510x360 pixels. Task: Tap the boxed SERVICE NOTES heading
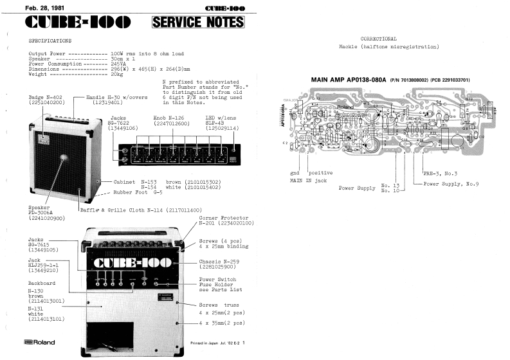pos(198,23)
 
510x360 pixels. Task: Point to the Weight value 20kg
pos(117,74)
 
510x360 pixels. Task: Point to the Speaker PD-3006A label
pos(44,213)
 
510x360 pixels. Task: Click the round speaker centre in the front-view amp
pos(65,158)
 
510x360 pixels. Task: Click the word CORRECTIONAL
pos(379,39)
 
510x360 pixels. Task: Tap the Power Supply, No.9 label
pos(460,184)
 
